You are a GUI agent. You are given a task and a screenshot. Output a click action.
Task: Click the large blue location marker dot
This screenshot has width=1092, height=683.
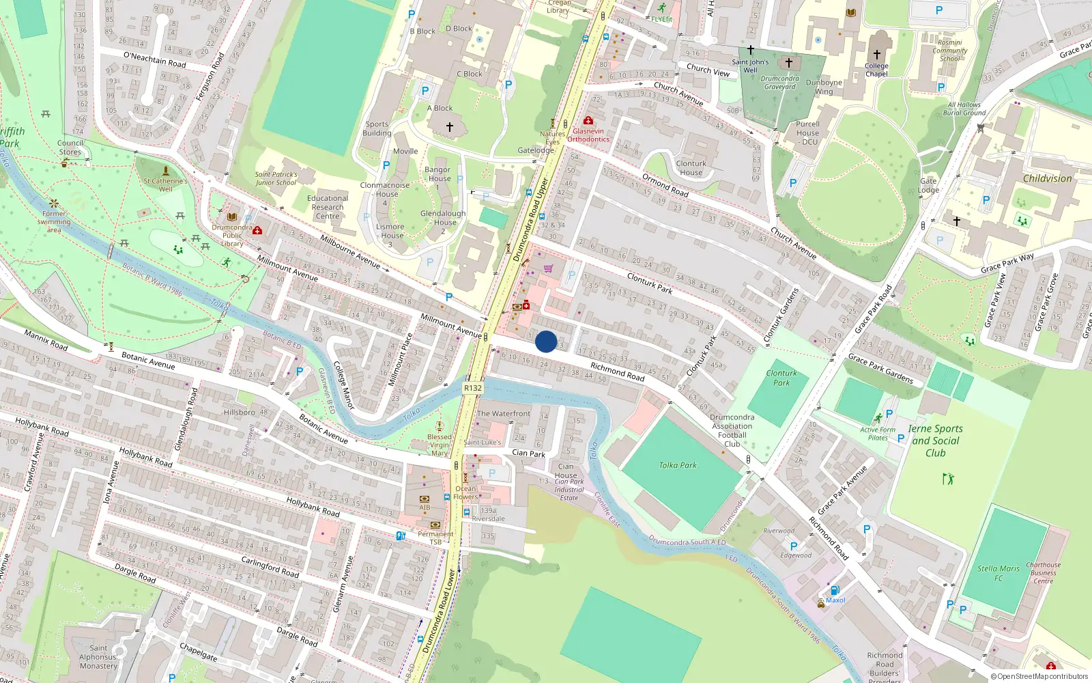(546, 341)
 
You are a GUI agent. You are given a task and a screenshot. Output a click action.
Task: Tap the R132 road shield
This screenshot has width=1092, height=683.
(473, 388)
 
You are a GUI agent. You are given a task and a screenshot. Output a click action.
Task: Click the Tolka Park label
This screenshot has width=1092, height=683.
(678, 465)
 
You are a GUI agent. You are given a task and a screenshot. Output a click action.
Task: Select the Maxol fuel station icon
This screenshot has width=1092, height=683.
(834, 591)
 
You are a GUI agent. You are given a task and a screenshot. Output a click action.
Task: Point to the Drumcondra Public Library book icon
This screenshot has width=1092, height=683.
(232, 217)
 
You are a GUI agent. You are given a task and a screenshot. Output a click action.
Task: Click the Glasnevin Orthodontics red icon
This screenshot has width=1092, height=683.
(588, 121)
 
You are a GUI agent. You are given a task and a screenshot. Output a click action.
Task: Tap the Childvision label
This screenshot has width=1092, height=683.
(1047, 178)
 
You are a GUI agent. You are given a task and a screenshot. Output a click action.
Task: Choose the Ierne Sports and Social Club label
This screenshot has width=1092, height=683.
(935, 441)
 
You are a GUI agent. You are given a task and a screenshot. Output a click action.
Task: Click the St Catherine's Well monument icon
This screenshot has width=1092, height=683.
(165, 170)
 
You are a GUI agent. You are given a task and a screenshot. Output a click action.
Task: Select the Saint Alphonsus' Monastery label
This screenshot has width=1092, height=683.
(98, 657)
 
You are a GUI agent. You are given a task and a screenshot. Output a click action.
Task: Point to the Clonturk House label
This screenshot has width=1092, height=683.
(691, 168)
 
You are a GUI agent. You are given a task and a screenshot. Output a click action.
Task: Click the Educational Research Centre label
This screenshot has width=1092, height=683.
(328, 207)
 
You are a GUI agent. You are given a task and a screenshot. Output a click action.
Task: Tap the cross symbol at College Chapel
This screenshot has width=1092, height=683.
(877, 55)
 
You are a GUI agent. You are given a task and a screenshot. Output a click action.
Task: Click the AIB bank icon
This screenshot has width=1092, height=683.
(425, 499)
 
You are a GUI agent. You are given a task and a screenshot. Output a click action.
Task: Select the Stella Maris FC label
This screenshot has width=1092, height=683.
(998, 573)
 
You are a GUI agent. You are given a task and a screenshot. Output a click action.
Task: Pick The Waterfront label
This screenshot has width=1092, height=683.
(503, 413)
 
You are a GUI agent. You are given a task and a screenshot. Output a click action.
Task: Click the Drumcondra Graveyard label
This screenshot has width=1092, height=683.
(779, 83)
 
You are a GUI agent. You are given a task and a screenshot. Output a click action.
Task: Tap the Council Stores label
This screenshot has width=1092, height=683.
(70, 148)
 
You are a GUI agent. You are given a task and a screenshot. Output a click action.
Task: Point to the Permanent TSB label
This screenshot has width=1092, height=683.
(435, 538)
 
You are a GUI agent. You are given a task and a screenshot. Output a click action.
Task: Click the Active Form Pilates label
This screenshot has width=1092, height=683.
(878, 434)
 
